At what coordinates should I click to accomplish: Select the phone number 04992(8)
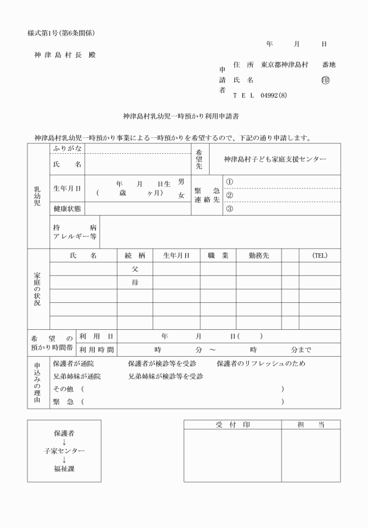point(275,95)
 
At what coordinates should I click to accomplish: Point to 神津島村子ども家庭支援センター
point(275,159)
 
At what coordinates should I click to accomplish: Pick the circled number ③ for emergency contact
point(230,209)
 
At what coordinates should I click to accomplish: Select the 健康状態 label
point(67,209)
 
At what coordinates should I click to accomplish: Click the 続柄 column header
point(134,256)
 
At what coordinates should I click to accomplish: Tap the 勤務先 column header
point(258,256)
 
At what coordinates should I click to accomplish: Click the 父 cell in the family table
point(134,269)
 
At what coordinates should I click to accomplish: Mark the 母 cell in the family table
point(134,282)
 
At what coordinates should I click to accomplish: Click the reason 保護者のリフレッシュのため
point(261,363)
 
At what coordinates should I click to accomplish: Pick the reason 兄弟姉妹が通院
point(77,376)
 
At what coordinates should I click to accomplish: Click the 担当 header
point(310,425)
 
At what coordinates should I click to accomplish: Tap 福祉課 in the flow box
point(64,468)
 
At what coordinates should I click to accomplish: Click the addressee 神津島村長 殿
point(65,54)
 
